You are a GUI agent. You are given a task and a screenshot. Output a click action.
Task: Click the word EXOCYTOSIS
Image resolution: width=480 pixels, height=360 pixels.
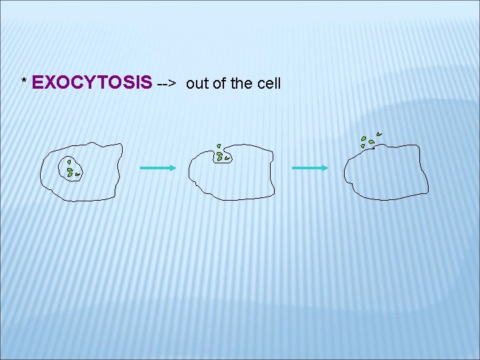[x=92, y=83]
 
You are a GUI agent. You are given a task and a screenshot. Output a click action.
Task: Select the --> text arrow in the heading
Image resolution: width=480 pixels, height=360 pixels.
[x=166, y=84]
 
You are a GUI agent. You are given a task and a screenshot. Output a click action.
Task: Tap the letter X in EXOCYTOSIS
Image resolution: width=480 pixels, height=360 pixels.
[x=50, y=83]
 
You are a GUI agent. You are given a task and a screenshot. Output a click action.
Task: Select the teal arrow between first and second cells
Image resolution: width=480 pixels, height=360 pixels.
[x=157, y=168]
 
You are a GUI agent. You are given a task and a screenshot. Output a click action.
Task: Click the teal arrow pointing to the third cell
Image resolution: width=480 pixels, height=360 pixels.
[x=310, y=168]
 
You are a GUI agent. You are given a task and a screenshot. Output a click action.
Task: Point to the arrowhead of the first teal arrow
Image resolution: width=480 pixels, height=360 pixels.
[x=172, y=168]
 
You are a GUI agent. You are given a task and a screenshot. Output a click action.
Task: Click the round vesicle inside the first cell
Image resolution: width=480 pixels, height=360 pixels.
[x=71, y=168]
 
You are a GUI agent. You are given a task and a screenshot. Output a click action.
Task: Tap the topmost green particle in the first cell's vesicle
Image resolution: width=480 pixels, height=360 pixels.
[x=69, y=162]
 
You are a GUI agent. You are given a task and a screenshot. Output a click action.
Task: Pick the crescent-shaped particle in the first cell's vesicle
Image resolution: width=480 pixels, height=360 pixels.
[x=78, y=174]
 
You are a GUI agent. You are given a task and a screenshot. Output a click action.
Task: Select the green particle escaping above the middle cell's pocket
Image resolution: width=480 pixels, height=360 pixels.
[x=218, y=146]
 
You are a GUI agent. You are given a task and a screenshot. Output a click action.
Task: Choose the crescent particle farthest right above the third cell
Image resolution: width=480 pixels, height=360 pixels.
[x=379, y=134]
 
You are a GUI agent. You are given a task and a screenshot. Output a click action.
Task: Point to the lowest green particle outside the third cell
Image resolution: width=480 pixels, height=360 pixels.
[x=363, y=145]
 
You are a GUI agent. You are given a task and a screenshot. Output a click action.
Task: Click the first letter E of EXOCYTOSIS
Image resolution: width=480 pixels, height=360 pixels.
[x=37, y=83]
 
